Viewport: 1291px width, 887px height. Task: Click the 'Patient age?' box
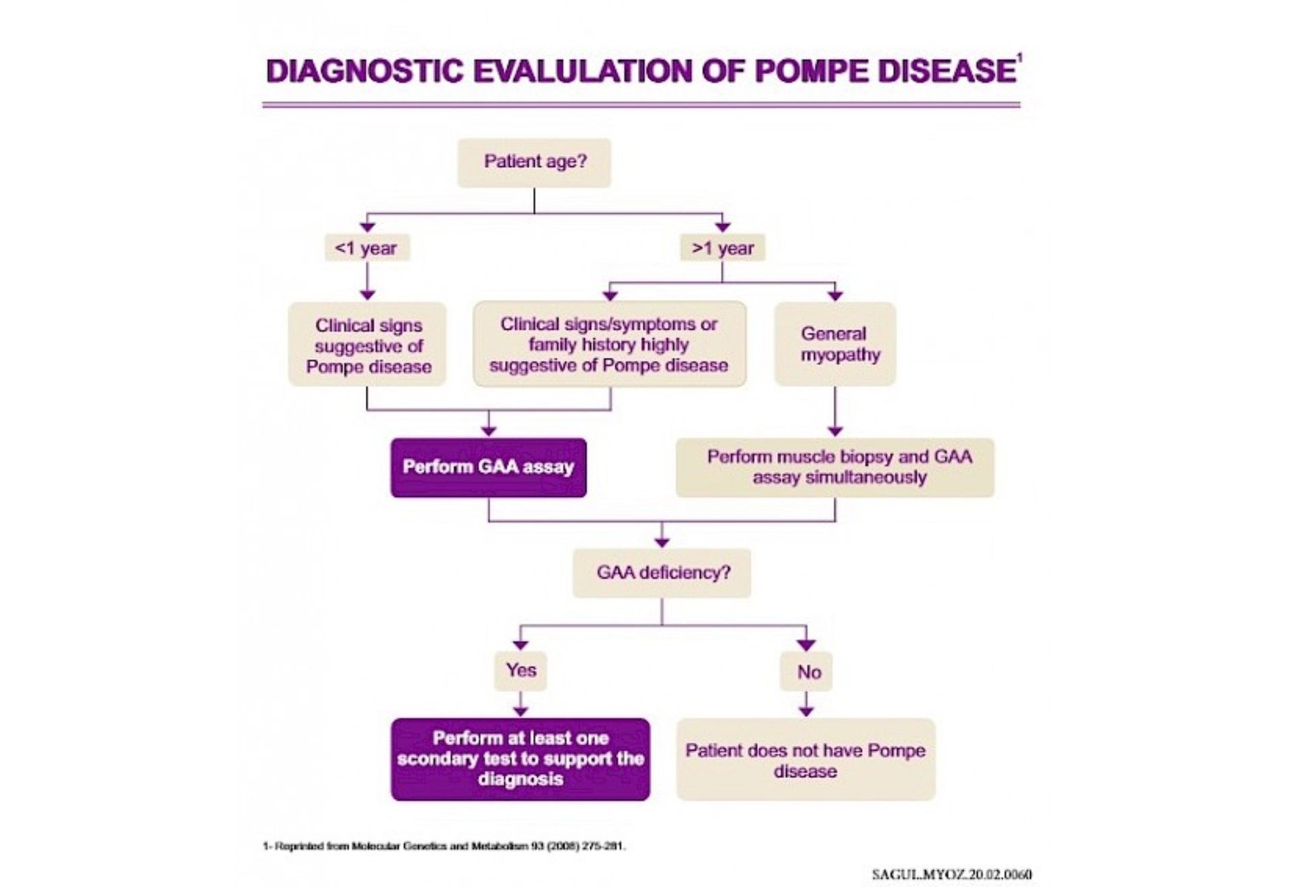tap(535, 163)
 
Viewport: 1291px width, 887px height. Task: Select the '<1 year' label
tap(366, 248)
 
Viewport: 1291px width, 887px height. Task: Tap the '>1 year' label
tap(723, 248)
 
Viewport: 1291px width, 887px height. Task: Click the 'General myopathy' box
tap(834, 344)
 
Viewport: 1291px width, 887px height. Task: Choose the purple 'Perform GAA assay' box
tap(488, 467)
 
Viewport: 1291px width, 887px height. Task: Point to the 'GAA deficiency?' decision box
tap(662, 573)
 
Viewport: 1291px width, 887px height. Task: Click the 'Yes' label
tap(521, 670)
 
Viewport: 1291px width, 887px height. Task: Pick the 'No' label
tap(808, 672)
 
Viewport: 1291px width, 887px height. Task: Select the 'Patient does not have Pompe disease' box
tap(806, 760)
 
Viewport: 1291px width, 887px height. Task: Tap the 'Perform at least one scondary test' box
tap(520, 759)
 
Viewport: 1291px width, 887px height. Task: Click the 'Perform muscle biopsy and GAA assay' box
tap(835, 467)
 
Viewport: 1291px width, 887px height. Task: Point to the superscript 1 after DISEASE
tap(1019, 59)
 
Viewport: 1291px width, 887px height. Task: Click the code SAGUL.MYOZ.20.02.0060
tap(951, 874)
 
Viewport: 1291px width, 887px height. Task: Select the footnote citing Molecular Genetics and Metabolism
tap(444, 846)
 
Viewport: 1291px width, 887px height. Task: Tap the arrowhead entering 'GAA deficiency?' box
tap(662, 541)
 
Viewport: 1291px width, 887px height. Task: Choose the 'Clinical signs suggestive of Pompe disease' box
tap(367, 345)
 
